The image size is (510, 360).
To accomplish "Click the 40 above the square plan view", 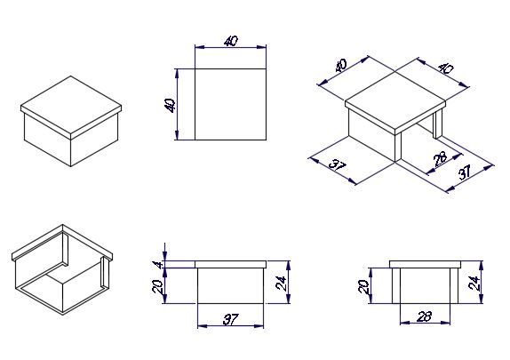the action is point(231,42).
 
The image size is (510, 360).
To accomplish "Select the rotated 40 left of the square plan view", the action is point(170,105).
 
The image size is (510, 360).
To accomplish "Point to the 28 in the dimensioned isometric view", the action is point(441,159).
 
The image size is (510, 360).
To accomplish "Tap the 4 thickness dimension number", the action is point(158,265).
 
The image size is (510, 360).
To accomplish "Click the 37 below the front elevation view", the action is point(231,319).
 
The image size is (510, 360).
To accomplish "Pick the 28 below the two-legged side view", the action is point(424,316).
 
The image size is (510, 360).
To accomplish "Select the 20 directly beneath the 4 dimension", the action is point(157,286).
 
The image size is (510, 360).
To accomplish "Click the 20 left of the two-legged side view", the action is point(363,286).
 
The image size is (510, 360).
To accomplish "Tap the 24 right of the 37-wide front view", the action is point(281,283).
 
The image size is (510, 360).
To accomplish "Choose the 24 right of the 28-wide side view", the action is point(474,283).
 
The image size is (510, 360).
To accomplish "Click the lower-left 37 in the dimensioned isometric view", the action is point(338,166).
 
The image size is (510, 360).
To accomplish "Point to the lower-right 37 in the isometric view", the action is point(465,172).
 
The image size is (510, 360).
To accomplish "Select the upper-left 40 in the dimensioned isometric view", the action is point(340,66).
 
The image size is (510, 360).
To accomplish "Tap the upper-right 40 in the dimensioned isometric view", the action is point(446,68).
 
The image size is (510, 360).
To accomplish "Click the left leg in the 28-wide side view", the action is point(396,286).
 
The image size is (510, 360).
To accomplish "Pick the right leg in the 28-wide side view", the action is point(454,286).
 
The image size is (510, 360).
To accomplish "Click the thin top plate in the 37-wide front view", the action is point(231,264).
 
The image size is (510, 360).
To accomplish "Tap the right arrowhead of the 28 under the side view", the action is point(446,323).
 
